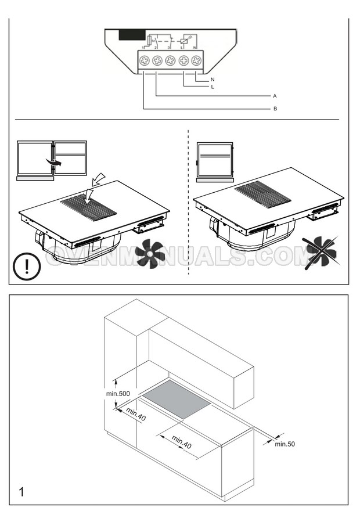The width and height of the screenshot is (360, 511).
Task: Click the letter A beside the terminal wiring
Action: pyautogui.click(x=275, y=96)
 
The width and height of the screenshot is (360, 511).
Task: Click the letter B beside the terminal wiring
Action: pyautogui.click(x=275, y=109)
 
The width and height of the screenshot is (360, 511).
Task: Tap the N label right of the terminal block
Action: pyautogui.click(x=212, y=79)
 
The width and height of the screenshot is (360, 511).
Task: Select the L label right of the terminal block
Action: pyautogui.click(x=212, y=87)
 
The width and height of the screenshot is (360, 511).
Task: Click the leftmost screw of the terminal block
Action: pyautogui.click(x=144, y=60)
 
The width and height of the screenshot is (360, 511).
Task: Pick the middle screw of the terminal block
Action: pyautogui.click(x=170, y=60)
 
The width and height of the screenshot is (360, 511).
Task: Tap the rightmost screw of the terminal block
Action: pyautogui.click(x=196, y=60)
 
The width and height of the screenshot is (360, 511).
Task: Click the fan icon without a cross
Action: pyautogui.click(x=150, y=254)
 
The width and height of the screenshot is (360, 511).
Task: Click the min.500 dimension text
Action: pyautogui.click(x=117, y=394)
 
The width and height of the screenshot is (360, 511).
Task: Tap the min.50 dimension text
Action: pyautogui.click(x=285, y=444)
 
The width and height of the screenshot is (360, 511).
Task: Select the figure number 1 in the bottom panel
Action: pyautogui.click(x=21, y=492)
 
